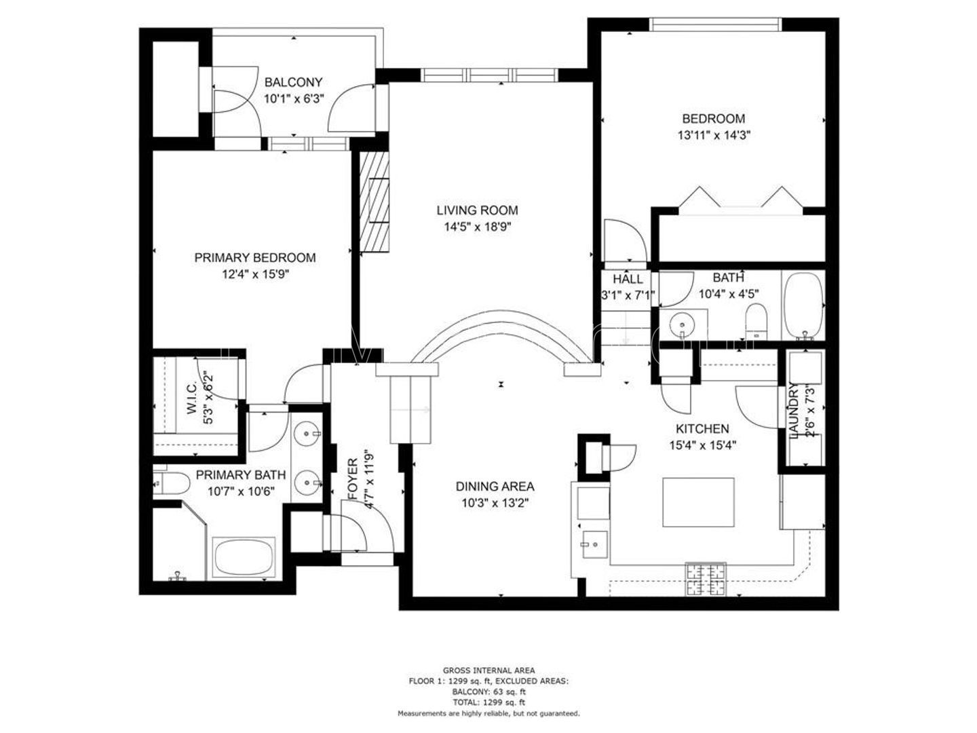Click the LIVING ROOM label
tap(477, 210)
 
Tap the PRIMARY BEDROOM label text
tap(254, 258)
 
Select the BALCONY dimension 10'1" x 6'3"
tap(294, 98)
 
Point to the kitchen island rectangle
tap(698, 502)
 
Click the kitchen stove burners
tap(706, 580)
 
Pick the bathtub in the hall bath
tap(803, 305)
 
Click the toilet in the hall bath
tap(755, 321)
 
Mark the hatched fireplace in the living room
tap(375, 202)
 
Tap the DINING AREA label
tap(495, 487)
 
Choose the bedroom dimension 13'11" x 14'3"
tap(713, 135)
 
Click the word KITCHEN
tap(702, 429)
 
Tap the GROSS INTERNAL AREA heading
tap(488, 671)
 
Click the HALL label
tap(628, 279)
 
